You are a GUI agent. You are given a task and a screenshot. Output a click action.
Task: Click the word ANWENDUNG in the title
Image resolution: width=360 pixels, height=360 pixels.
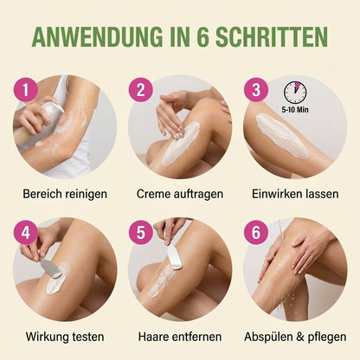pos(97,37)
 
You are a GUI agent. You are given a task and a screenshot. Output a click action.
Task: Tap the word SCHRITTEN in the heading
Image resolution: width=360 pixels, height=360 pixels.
pos(272,37)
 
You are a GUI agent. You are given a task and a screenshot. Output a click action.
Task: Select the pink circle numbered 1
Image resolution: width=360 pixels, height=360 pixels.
pos(26,90)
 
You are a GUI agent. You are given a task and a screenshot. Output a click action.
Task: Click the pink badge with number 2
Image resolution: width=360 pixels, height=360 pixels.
pos(140,90)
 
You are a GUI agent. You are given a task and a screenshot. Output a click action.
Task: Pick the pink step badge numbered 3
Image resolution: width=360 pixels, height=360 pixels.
pos(256,90)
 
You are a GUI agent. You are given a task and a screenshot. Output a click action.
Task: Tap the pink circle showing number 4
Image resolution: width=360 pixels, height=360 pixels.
pos(26,232)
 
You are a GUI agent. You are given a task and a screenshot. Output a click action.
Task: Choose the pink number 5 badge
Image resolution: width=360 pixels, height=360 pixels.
pos(140,232)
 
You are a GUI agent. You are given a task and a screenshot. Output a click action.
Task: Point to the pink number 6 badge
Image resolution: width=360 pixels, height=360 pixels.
pos(256,232)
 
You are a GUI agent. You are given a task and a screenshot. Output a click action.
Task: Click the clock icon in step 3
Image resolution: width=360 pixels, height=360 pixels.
pos(295,93)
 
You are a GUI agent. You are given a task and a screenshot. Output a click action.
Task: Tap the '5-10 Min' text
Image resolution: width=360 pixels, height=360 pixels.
pos(295,110)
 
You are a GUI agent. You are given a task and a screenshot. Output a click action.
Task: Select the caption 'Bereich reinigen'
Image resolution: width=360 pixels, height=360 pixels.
pos(65,194)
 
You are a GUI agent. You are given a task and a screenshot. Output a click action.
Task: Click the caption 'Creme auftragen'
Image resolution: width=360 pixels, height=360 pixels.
pos(180,194)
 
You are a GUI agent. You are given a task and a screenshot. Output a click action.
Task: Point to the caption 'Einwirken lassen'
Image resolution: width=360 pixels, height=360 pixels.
pos(295,194)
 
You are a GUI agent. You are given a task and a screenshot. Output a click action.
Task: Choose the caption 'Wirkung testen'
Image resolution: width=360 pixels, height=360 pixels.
pos(65,337)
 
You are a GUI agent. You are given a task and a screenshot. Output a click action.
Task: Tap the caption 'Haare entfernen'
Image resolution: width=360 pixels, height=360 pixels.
pos(180,337)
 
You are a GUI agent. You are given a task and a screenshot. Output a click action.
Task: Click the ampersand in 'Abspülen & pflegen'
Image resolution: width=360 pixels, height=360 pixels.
pos(300,337)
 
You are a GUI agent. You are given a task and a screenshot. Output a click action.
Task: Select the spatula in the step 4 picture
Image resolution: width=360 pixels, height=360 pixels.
pos(49,267)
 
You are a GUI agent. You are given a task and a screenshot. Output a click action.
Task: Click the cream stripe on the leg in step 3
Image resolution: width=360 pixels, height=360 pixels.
pos(281,135)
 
